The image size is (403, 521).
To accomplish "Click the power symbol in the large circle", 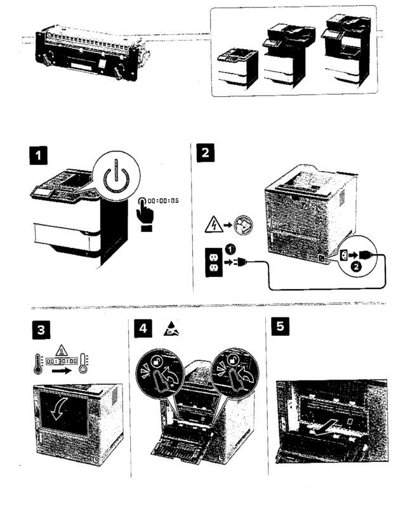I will [x=115, y=179].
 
